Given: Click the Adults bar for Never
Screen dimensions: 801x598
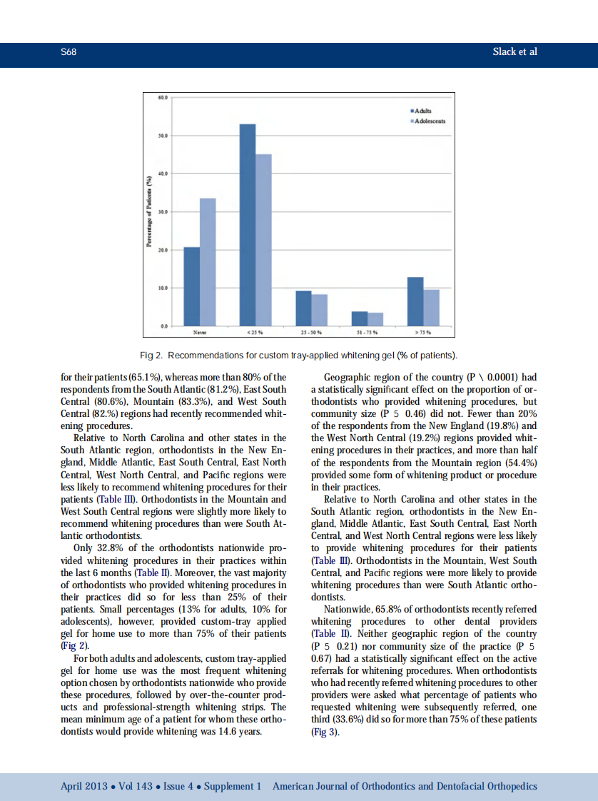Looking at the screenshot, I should (192, 286).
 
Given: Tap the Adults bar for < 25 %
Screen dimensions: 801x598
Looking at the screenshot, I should (248, 225).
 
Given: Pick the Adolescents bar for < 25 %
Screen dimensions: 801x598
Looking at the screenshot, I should (263, 240).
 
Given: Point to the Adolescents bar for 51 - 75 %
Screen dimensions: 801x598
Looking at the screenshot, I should (375, 319).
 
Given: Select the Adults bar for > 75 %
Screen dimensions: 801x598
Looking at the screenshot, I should (415, 301).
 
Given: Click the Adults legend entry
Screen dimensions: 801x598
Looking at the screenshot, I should (422, 111).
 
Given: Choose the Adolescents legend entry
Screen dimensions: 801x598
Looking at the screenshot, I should (428, 121).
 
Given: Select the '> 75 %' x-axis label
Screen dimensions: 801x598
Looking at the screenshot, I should (423, 332).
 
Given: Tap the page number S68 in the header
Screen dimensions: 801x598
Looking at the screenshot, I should (69, 52).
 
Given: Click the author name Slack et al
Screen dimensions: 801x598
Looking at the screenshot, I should (515, 52).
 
